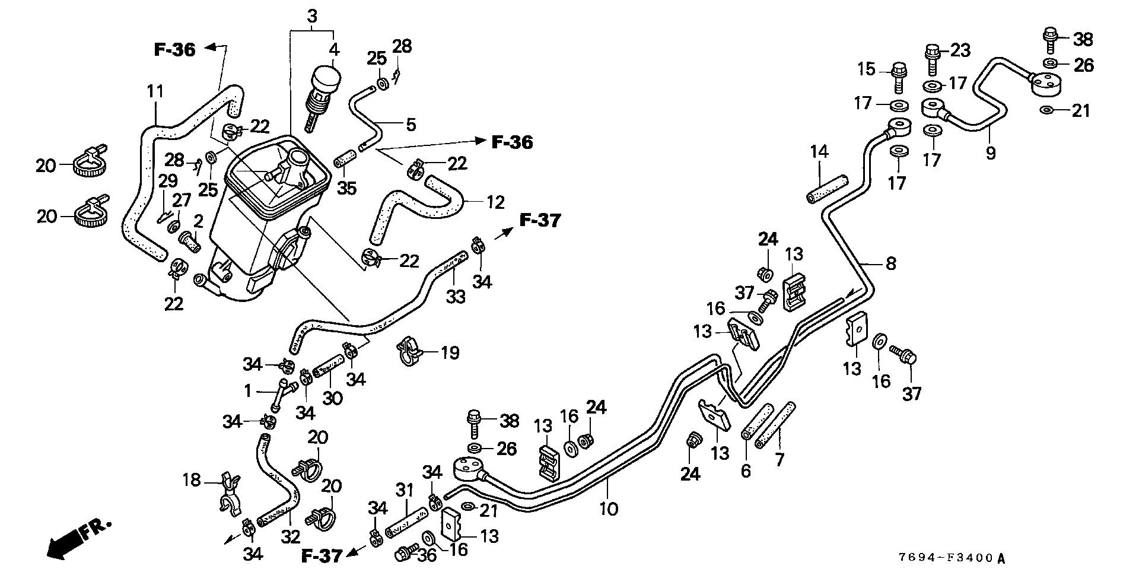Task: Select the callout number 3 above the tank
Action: (312, 17)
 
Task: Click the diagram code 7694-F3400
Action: (951, 558)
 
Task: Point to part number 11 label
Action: (155, 92)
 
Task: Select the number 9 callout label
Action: (990, 153)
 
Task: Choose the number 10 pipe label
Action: (609, 508)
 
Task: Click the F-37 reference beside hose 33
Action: (540, 221)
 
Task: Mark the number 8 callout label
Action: (890, 263)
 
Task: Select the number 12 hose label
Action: (495, 202)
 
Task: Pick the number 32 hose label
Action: (291, 537)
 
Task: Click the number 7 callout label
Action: (780, 459)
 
